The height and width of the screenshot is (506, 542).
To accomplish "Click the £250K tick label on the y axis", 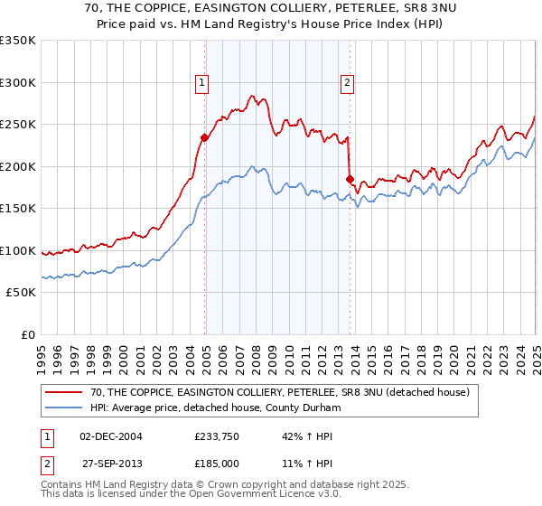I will pyautogui.click(x=18, y=124).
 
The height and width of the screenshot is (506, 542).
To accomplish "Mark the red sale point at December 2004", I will pyautogui.click(x=205, y=137).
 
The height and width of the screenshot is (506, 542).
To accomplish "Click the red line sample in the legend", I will pyautogui.click(x=62, y=392).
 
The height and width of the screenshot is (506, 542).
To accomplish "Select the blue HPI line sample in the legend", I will pyautogui.click(x=62, y=408).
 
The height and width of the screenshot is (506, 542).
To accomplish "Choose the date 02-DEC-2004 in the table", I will pyautogui.click(x=111, y=436).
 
